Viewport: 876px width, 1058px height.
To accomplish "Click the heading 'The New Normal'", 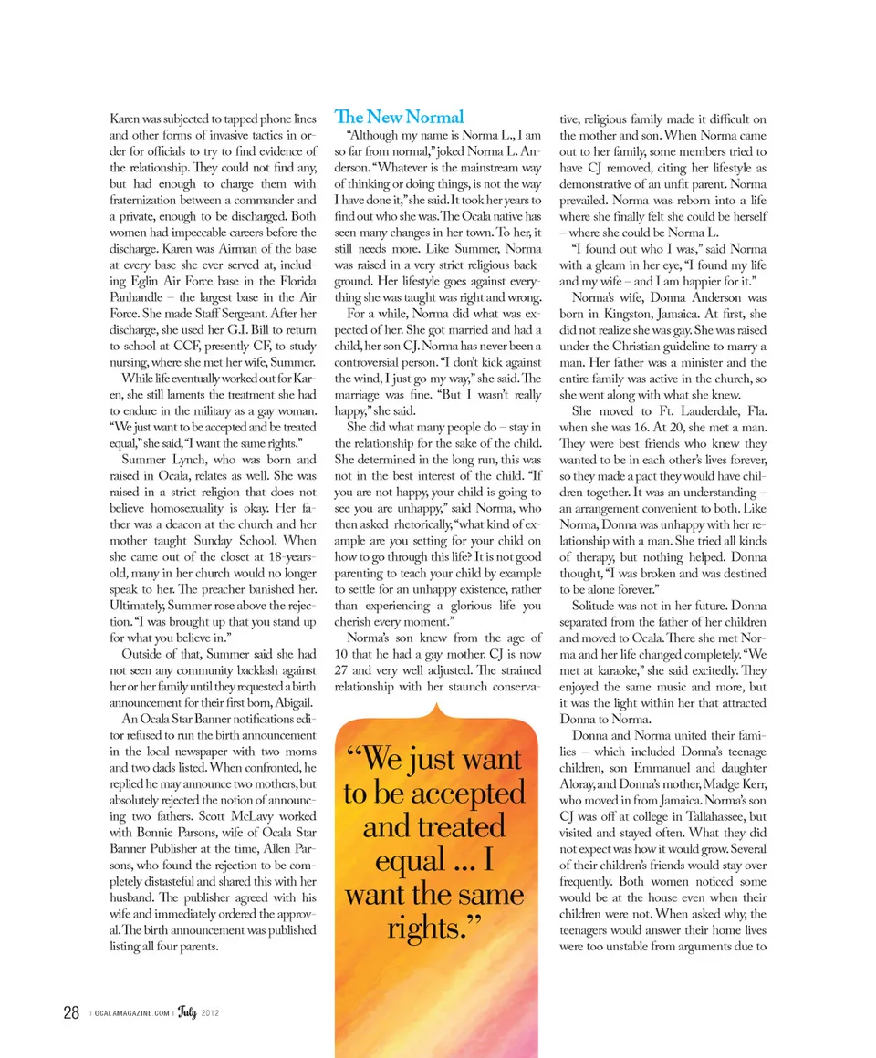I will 399,117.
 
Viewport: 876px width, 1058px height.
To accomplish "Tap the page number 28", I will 71,1012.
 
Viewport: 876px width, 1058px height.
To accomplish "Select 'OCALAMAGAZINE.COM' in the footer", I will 131,1013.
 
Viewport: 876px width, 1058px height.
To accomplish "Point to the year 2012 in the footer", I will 211,1013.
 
